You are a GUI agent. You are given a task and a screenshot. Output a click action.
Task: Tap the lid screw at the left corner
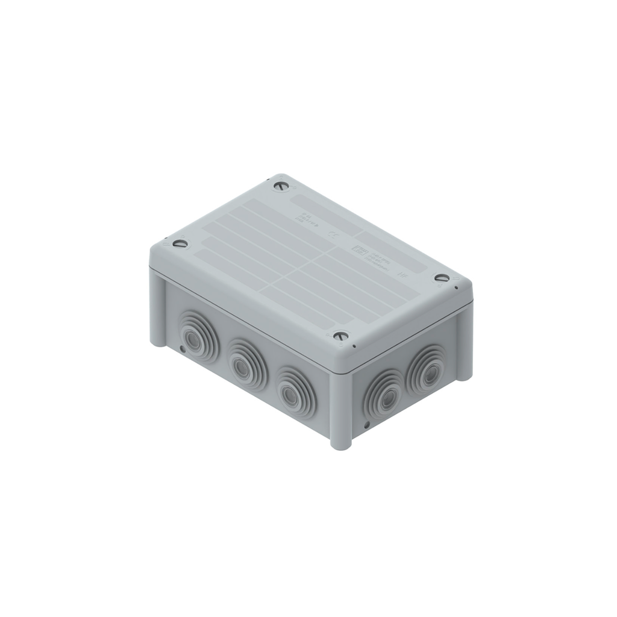coord(180,244)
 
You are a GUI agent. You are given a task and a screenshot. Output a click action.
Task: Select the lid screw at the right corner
coord(442,278)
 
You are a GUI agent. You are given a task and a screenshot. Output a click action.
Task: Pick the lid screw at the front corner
coord(341,336)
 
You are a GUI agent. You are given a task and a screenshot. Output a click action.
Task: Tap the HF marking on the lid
coord(403,273)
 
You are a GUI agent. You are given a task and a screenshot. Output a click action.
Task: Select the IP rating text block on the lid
coord(305,218)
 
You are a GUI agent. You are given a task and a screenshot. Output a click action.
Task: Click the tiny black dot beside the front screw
coord(354,346)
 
